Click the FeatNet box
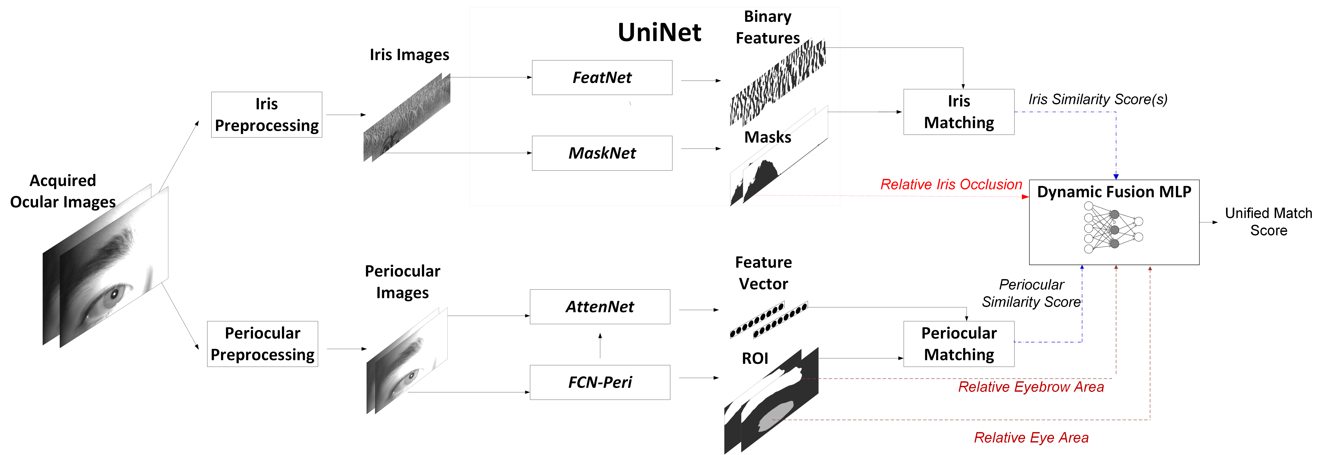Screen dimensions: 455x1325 tap(602, 78)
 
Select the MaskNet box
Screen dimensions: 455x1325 tap(602, 153)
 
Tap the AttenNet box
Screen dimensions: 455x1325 tap(600, 307)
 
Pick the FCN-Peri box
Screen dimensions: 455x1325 tap(600, 382)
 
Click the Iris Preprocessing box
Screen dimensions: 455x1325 tap(266, 115)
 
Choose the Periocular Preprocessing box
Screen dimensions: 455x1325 tap(262, 344)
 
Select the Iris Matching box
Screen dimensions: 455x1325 tap(959, 112)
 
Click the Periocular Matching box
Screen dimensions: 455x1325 tap(959, 344)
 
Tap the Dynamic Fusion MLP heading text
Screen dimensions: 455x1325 tap(1113, 192)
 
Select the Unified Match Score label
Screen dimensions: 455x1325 tap(1268, 222)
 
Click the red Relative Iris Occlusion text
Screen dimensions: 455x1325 tap(951, 185)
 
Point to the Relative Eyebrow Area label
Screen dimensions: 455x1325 tap(1031, 387)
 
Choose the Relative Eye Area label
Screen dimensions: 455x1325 tap(1031, 437)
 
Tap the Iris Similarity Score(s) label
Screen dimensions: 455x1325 tap(1098, 99)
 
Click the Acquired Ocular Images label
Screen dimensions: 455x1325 tap(63, 191)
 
